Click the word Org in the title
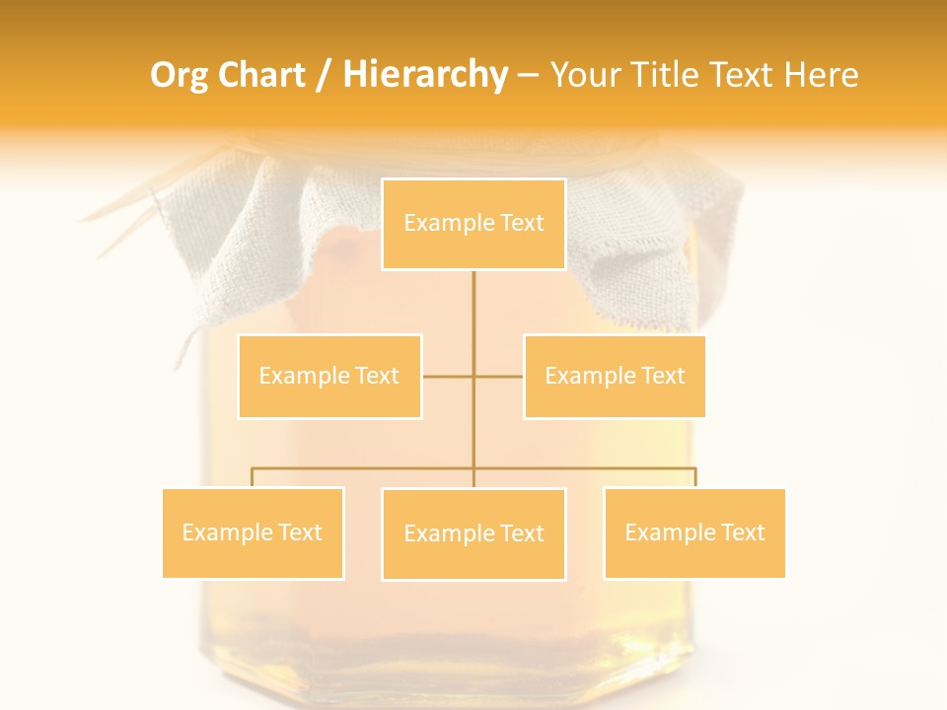tap(179, 75)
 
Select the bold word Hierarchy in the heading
tap(425, 75)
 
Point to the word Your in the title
tap(585, 75)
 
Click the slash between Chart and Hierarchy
tap(324, 75)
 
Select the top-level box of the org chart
tap(473, 224)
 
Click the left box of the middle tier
tap(329, 376)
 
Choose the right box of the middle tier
tap(615, 376)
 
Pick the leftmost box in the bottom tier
tap(253, 532)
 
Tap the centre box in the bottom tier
tap(473, 533)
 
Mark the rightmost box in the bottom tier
tap(694, 532)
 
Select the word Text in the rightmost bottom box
tap(742, 532)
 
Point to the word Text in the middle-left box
tap(376, 376)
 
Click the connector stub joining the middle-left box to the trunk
tap(447, 376)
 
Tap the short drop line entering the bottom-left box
tap(253, 477)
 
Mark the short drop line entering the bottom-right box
tap(695, 477)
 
